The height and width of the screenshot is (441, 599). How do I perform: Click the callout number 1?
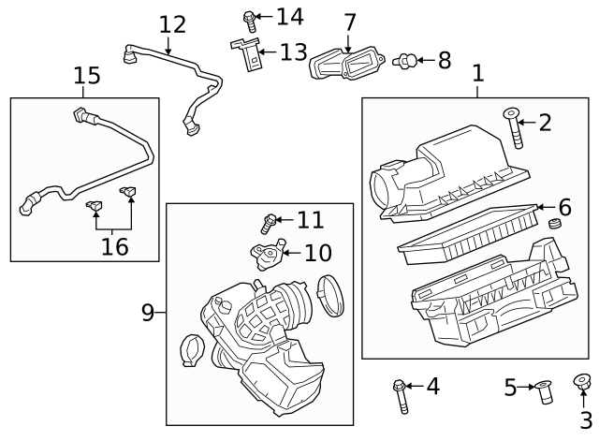[x=477, y=72]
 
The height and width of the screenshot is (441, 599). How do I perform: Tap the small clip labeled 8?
[x=406, y=61]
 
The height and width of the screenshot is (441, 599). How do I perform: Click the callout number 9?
[x=147, y=313]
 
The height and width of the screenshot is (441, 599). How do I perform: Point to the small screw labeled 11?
[x=268, y=223]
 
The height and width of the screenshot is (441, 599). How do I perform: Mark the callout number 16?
[x=114, y=246]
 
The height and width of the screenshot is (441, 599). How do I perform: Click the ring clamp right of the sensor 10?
[x=330, y=292]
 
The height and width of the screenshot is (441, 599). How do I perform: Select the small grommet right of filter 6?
[x=552, y=225]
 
